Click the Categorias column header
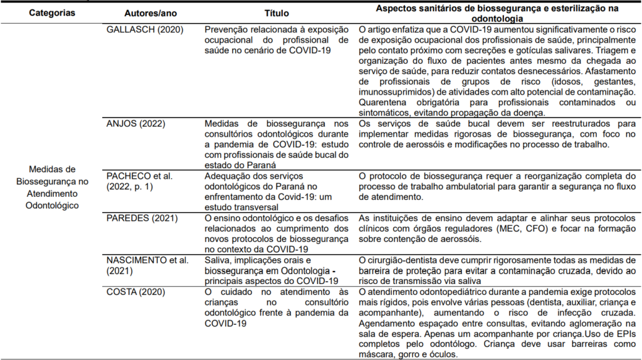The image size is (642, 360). click(52, 12)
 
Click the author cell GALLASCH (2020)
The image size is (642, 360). click(139, 29)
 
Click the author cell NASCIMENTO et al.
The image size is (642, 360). click(142, 260)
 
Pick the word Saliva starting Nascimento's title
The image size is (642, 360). click(217, 260)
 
